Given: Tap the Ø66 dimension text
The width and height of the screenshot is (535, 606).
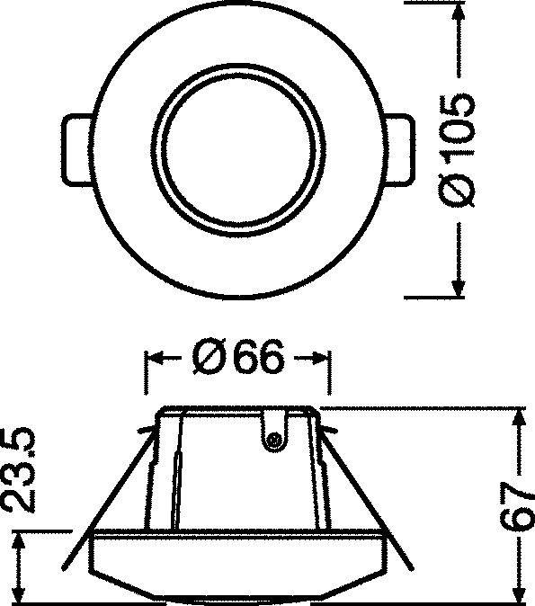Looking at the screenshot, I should [237, 359].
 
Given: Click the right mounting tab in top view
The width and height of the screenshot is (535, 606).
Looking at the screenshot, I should [398, 147].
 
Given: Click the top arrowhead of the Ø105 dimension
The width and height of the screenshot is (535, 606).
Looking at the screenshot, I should [458, 10].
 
